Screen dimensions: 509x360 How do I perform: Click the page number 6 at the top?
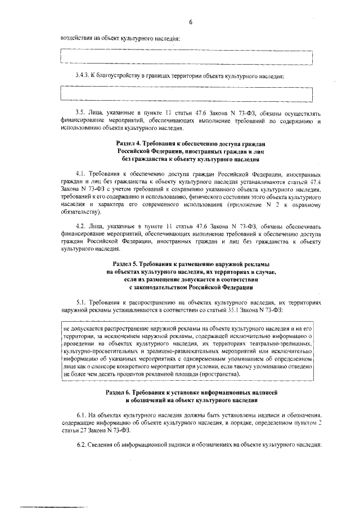point(191,22)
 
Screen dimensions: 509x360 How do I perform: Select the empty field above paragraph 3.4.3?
point(186,57)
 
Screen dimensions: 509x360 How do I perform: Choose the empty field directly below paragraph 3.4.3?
point(186,94)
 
